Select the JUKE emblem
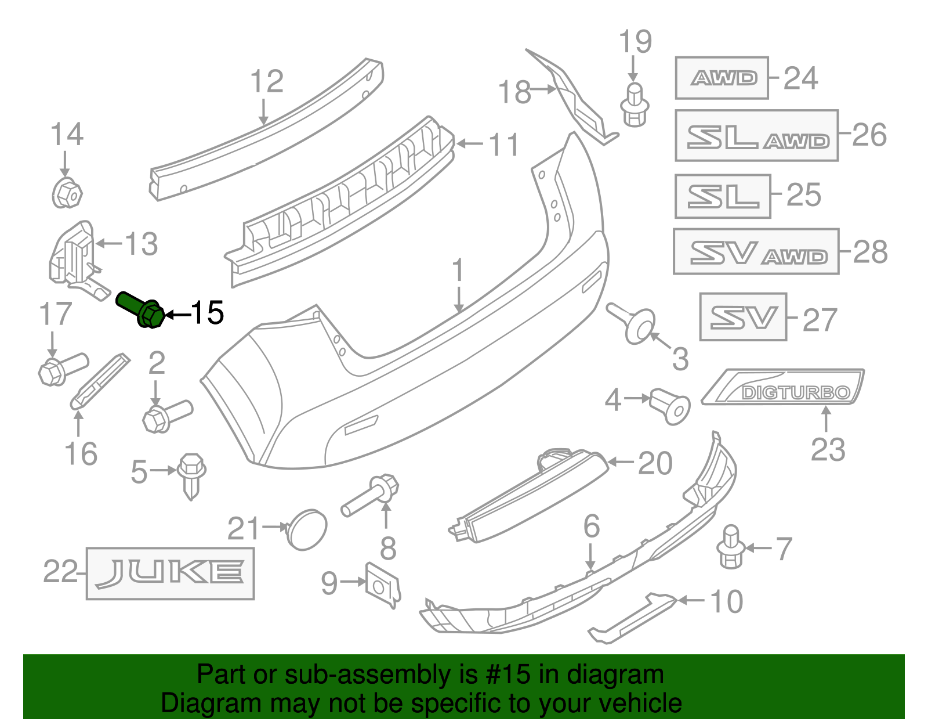tap(170, 573)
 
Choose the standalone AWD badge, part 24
tap(722, 78)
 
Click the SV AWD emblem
tap(756, 252)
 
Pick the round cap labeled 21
tap(307, 529)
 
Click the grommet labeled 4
tap(670, 405)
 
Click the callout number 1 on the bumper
tap(458, 270)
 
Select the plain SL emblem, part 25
tap(723, 196)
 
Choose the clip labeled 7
tap(731, 547)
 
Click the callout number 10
tap(726, 601)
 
